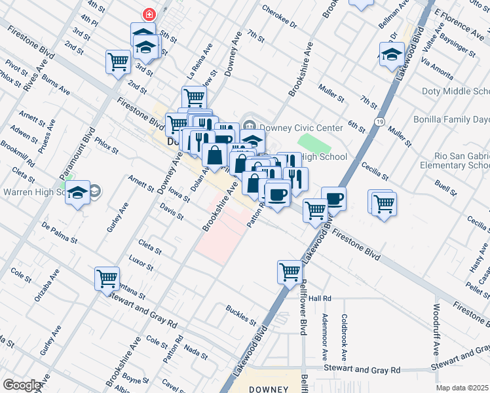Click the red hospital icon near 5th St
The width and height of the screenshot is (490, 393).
[x=149, y=14]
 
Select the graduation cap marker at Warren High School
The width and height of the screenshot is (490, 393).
[x=77, y=193]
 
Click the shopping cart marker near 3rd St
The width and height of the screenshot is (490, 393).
[x=118, y=62]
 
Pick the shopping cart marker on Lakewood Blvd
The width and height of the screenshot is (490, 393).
[x=290, y=271]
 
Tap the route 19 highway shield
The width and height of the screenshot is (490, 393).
[x=379, y=121]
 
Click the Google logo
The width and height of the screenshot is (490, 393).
[x=22, y=385]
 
